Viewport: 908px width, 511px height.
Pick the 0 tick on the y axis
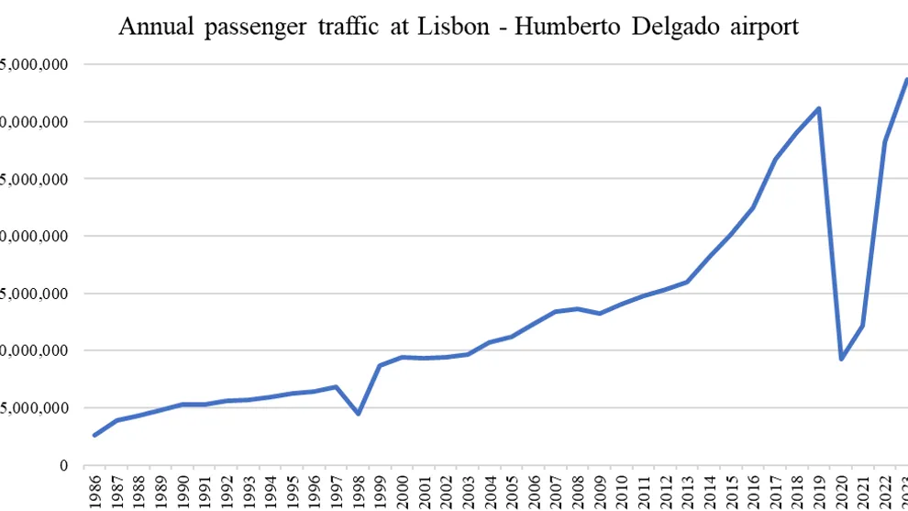tap(63, 465)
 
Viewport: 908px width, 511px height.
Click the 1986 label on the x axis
tap(95, 490)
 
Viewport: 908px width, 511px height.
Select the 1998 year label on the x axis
tap(359, 490)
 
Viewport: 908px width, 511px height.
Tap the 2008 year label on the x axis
tap(578, 490)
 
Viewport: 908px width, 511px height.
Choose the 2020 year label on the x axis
tap(841, 490)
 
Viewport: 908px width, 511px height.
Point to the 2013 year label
tap(687, 490)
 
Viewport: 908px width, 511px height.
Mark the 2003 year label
tap(468, 490)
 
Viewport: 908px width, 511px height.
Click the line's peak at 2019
tap(818, 108)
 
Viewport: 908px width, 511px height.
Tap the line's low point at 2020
tap(841, 359)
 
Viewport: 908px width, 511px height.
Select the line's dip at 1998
tap(358, 414)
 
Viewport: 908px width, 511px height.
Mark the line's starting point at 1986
tap(94, 435)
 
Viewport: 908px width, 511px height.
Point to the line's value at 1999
tap(380, 365)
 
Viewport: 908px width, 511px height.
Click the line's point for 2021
tap(863, 326)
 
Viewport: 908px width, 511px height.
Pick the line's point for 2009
tap(599, 314)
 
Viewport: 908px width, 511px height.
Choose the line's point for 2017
tap(775, 159)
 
